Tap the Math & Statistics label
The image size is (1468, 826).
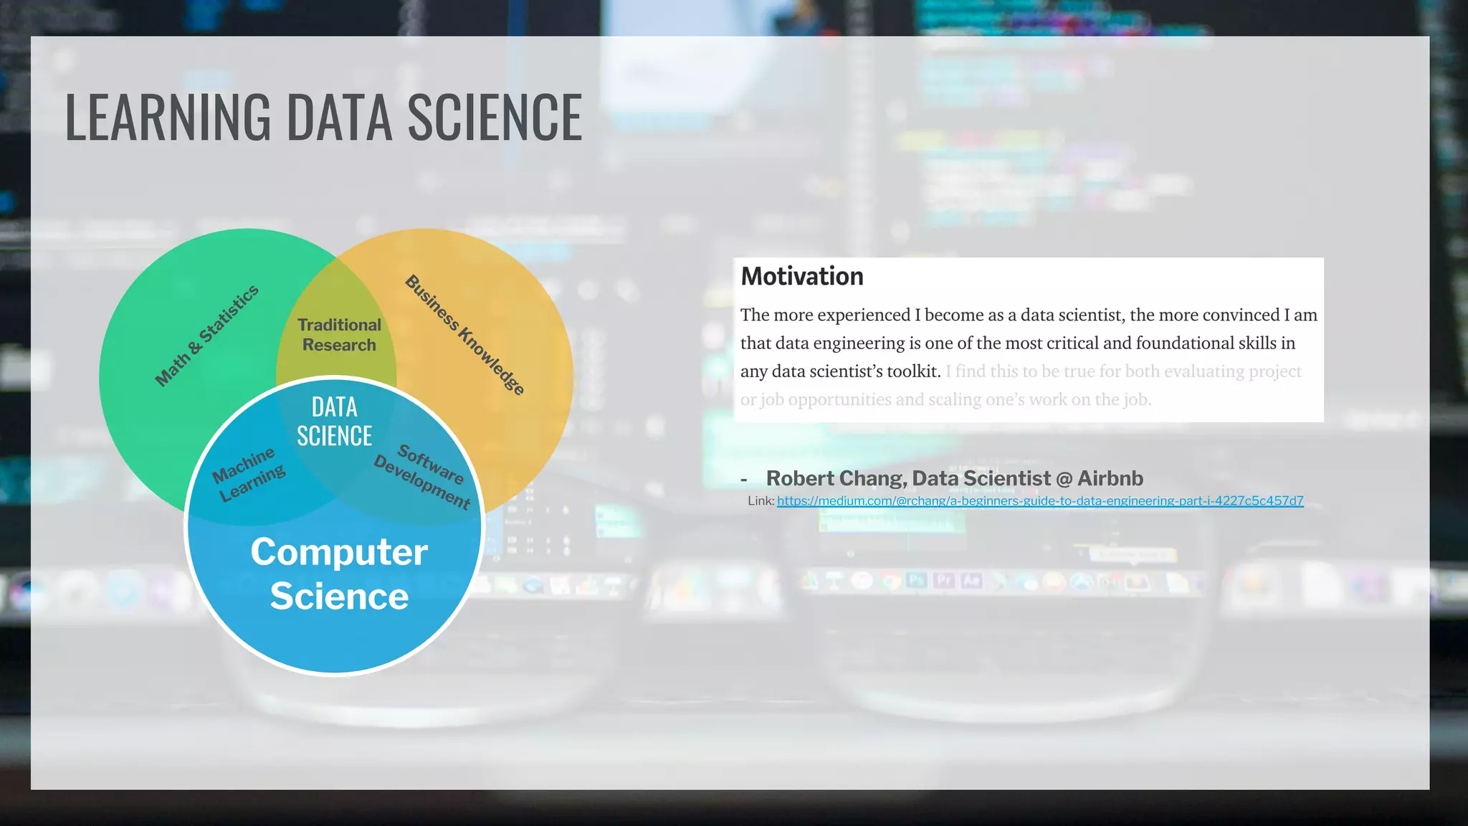click(207, 335)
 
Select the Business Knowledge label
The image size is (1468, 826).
click(465, 335)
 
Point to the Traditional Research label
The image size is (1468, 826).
click(339, 335)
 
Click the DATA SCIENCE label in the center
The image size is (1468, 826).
click(334, 422)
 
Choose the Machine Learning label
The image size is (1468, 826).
click(248, 475)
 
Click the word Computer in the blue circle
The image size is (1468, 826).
click(339, 552)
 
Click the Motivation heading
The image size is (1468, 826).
click(801, 277)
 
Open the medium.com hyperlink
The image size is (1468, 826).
click(1039, 501)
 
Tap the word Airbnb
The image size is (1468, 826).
click(1110, 478)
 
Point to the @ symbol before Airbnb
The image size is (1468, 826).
click(1064, 479)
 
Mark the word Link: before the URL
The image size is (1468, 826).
click(761, 501)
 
